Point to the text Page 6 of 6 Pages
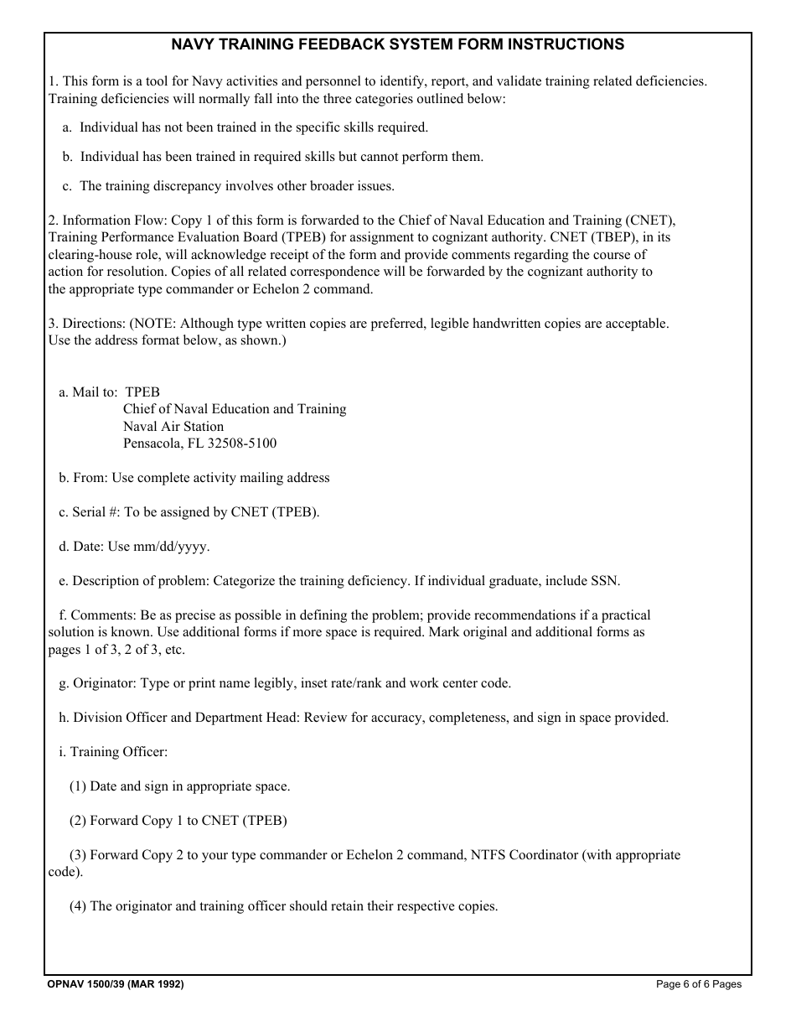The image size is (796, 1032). tap(698, 984)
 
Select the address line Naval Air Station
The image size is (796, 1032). tap(173, 426)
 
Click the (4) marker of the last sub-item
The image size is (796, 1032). tap(78, 906)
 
